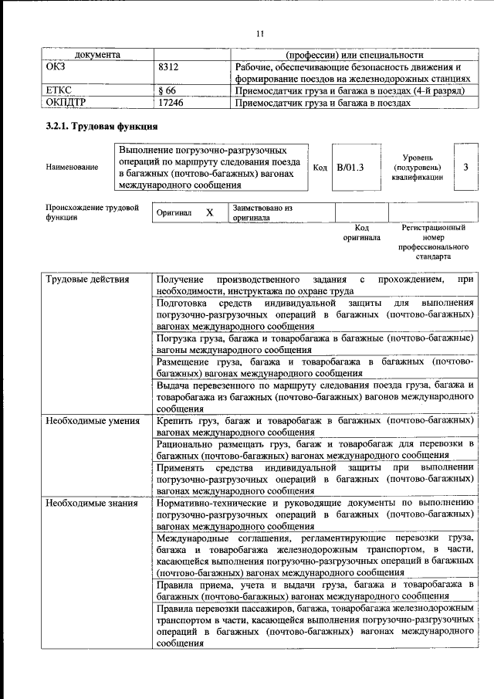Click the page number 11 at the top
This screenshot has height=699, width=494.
(259, 32)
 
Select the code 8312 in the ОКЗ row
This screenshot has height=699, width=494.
(167, 67)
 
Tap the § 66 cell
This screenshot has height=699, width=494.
(167, 90)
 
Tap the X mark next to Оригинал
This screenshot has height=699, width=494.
(208, 212)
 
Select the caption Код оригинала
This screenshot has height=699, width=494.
(361, 232)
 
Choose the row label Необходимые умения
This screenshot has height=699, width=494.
(92, 421)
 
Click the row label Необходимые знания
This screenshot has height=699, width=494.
(91, 503)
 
